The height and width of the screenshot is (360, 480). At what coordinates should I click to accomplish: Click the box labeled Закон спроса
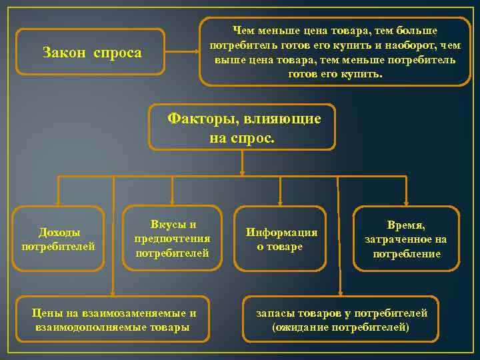tap(90, 52)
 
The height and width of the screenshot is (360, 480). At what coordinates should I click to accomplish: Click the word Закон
tap(63, 52)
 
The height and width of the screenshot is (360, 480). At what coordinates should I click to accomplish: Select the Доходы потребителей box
tap(59, 239)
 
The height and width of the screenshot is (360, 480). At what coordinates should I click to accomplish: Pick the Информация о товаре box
tap(281, 239)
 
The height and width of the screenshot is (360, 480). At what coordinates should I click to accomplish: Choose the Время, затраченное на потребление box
tap(405, 239)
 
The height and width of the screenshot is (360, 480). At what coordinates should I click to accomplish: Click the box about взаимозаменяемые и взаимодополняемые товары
tap(113, 320)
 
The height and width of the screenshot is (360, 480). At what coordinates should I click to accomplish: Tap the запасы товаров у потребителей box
tap(341, 320)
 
